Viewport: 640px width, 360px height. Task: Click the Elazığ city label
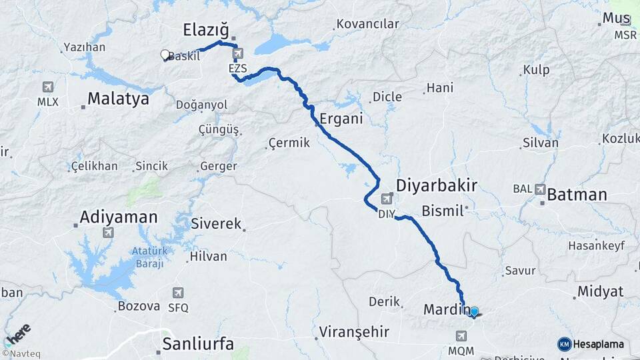(x=206, y=30)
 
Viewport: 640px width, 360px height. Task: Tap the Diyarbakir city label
(x=437, y=185)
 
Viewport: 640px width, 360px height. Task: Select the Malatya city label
(x=118, y=99)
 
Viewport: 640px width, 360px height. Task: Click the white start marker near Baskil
(x=165, y=55)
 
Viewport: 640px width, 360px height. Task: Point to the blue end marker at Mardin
(x=474, y=311)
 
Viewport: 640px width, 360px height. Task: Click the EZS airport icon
(x=238, y=53)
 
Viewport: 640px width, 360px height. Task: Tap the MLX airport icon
(x=48, y=87)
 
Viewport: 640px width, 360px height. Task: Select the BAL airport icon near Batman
(x=539, y=189)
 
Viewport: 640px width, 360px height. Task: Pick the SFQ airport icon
(x=178, y=293)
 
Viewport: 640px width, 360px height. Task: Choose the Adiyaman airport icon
(x=108, y=233)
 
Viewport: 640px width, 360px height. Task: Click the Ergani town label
(x=341, y=119)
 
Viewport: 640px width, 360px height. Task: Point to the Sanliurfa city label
(x=199, y=344)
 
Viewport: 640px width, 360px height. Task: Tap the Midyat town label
(x=601, y=291)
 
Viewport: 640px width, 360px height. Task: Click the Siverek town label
(x=216, y=223)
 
